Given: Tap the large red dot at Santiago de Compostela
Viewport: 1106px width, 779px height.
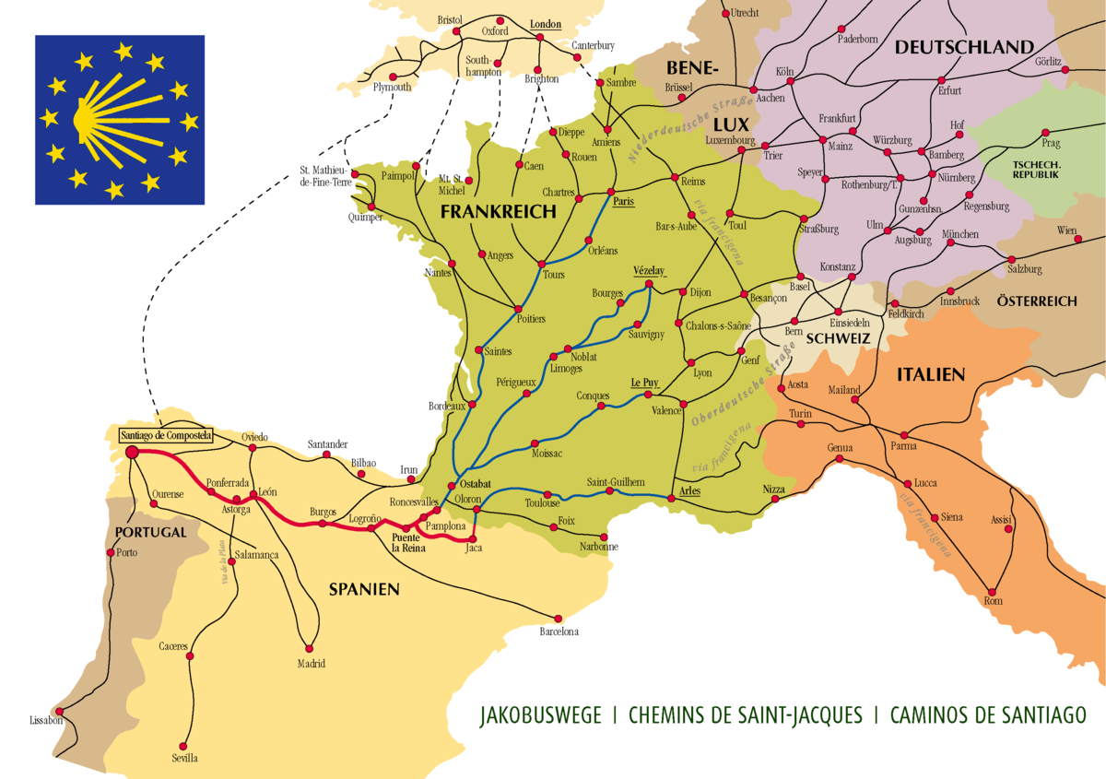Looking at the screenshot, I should (132, 452).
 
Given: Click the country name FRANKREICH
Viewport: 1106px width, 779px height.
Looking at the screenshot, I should (499, 212).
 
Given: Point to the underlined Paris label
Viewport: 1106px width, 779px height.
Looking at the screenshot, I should (624, 202).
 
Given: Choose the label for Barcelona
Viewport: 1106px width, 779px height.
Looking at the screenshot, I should (559, 632).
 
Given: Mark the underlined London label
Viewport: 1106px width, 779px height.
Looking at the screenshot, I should (546, 25).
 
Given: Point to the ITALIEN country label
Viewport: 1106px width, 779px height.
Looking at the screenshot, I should (930, 374).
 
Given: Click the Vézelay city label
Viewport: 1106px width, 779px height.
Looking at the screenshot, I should (649, 271).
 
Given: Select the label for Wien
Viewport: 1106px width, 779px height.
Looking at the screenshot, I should (1067, 230).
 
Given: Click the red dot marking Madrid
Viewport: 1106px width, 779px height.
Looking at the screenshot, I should (311, 647).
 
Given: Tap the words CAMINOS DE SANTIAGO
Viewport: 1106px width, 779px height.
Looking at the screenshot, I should (988, 716).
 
